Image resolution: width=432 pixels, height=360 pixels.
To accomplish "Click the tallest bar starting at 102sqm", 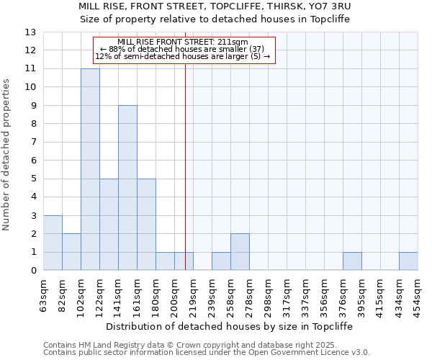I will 90,169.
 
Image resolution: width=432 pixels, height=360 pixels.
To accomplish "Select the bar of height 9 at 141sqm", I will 127,188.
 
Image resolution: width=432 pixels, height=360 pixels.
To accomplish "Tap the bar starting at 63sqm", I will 53,243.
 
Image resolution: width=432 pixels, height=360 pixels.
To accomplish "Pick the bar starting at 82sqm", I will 71,252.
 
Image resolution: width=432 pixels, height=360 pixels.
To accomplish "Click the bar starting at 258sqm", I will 240,252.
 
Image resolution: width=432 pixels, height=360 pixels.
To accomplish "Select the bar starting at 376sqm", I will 352,261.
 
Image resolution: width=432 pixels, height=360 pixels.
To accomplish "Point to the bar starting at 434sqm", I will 408,261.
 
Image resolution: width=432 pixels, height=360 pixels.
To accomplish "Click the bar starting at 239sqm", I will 221,261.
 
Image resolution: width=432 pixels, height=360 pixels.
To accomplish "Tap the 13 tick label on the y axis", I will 30,32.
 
